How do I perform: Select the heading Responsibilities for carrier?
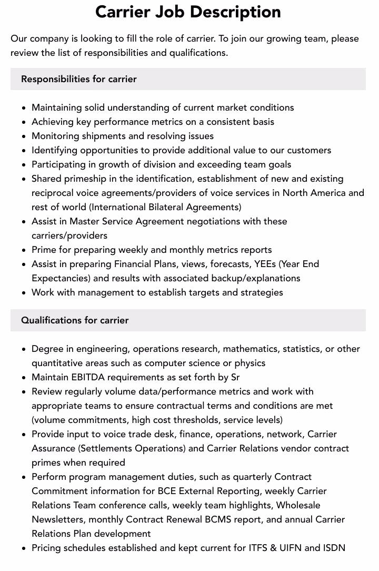[x=79, y=79]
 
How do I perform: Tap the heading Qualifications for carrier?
[x=75, y=320]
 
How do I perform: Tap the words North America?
[x=314, y=193]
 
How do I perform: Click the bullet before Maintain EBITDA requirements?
[x=24, y=378]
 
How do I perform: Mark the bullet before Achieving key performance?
[x=24, y=122]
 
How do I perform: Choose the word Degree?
[x=47, y=349]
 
